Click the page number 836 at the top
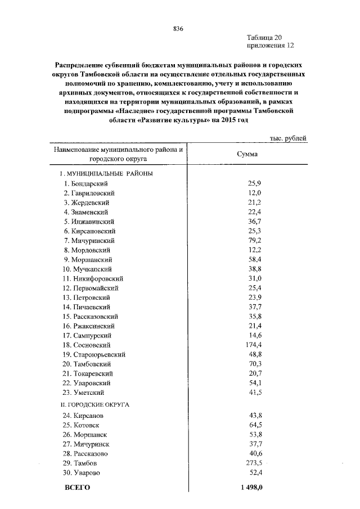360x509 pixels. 179,28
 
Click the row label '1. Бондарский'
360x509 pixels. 85,183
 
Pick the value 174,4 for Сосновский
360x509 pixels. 251,344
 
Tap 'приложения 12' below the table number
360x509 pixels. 270,46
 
